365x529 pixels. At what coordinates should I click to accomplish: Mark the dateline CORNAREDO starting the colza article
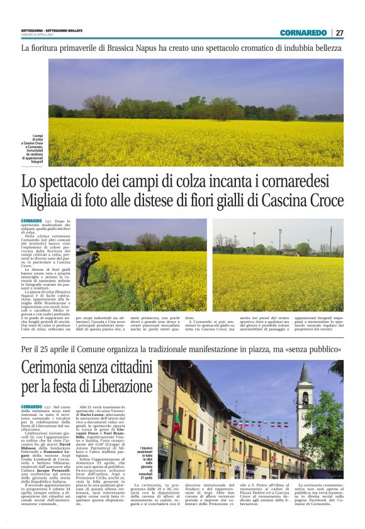(x=31, y=221)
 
